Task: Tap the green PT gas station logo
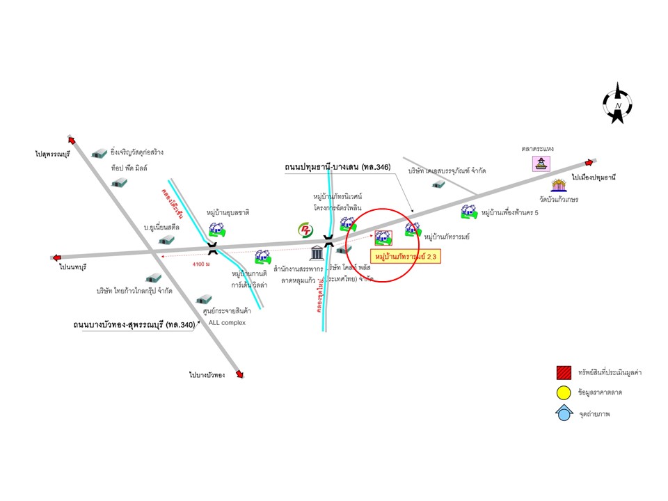click(305, 230)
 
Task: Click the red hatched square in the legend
click(564, 373)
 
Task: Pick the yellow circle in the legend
click(564, 393)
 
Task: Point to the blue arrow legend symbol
click(564, 413)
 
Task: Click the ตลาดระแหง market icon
click(541, 164)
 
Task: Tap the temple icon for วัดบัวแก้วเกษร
click(558, 185)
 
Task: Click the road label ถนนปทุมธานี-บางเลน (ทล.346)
click(333, 168)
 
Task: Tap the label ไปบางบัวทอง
click(207, 375)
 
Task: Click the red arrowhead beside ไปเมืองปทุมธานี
click(590, 162)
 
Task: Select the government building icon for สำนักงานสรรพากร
click(316, 252)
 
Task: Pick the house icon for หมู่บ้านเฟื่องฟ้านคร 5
click(468, 212)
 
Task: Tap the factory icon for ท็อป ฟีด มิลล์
click(120, 182)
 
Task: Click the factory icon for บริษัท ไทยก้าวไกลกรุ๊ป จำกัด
click(153, 278)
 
